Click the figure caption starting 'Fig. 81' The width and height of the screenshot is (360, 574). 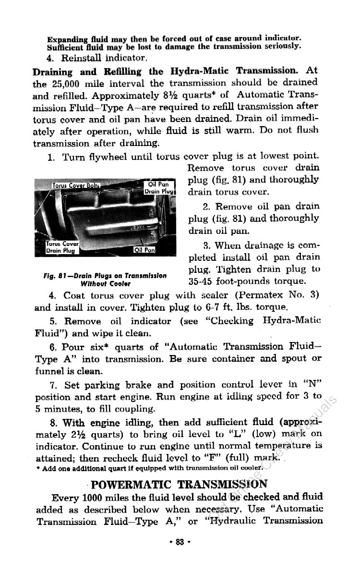pyautogui.click(x=104, y=279)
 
